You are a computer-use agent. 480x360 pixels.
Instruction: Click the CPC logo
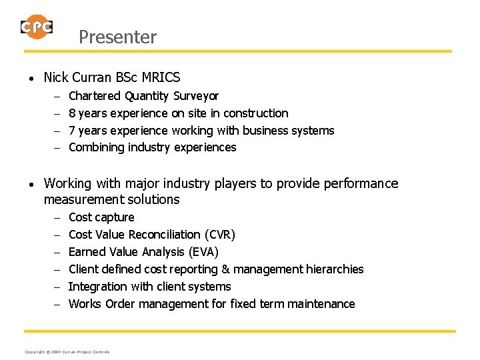pos(36,27)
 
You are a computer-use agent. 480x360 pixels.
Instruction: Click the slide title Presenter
pos(117,37)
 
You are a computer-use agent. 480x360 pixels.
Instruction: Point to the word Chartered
pos(95,96)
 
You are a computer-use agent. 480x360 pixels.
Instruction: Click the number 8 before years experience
pos(72,113)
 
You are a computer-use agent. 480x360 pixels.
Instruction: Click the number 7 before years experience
pos(72,131)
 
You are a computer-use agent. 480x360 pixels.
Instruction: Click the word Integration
pos(98,287)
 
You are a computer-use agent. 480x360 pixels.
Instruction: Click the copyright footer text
pos(67,351)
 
